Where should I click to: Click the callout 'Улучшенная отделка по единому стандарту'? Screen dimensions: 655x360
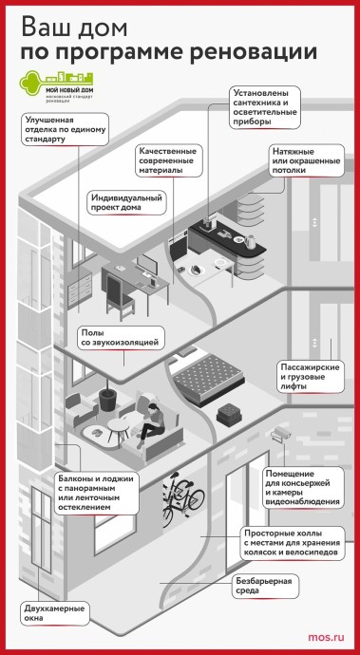pyautogui.click(x=65, y=128)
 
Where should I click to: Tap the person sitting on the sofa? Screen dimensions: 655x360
pyautogui.click(x=151, y=425)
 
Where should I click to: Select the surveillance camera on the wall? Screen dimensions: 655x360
pyautogui.click(x=279, y=434)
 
